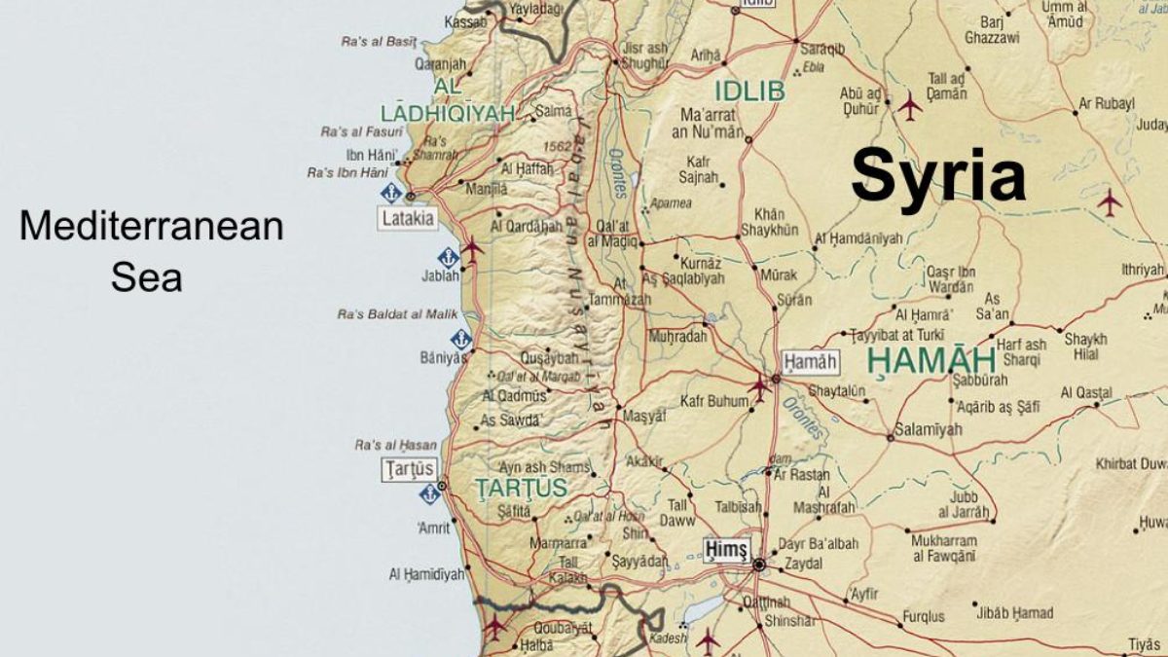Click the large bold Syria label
point(938,176)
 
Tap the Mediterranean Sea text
point(151,251)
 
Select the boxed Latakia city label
point(408,219)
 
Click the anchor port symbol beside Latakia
point(390,192)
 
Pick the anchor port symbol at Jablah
point(448,258)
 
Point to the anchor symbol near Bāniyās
point(460,339)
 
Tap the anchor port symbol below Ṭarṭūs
point(428,493)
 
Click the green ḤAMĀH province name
point(931,360)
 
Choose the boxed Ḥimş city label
point(727,550)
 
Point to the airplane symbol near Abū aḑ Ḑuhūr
point(910,106)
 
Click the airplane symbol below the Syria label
point(1109,202)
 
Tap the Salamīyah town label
point(929,429)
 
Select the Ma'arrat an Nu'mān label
point(712,124)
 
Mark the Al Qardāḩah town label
point(527,226)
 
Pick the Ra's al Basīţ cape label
point(379,42)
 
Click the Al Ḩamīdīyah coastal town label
point(426,574)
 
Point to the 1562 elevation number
point(558,146)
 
